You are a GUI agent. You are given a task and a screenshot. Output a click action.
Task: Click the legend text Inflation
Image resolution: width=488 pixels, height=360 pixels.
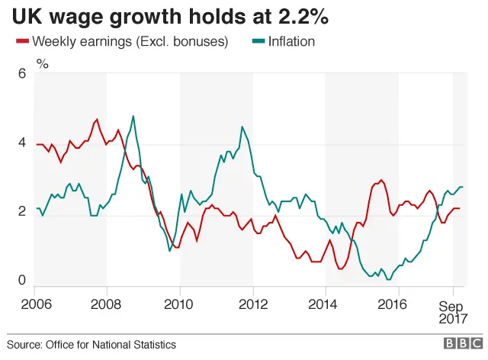(x=293, y=41)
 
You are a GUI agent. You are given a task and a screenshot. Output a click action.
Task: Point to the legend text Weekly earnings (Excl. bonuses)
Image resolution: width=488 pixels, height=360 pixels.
(x=130, y=41)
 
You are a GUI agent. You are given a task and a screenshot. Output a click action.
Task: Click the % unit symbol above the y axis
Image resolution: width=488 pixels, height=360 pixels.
(x=43, y=64)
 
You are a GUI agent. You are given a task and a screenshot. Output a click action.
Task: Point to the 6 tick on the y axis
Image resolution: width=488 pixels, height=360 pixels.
(x=22, y=74)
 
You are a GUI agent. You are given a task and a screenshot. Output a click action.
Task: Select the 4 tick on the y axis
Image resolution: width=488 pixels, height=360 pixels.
(x=22, y=143)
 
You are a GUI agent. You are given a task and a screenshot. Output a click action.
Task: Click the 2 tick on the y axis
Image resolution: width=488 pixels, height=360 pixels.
(x=22, y=213)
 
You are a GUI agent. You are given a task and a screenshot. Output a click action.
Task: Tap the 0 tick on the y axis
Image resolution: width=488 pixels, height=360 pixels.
(x=22, y=281)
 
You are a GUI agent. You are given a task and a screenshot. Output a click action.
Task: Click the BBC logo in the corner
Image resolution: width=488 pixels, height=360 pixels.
(x=461, y=345)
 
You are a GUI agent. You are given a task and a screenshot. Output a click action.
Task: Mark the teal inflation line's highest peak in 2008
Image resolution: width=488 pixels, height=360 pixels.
(x=133, y=116)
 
